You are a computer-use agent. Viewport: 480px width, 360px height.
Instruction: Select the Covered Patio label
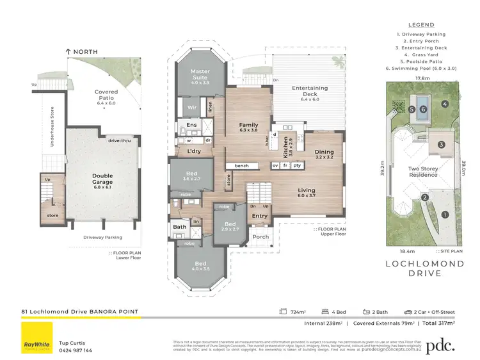tap(106, 95)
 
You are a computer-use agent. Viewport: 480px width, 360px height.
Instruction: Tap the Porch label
tap(261, 236)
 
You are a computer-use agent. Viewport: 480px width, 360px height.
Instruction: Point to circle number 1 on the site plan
tap(446, 215)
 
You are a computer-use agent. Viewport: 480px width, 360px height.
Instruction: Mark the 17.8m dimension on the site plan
tap(422, 79)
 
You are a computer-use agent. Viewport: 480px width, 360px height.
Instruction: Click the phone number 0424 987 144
tap(76, 350)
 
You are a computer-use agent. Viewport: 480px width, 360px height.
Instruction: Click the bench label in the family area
tap(241, 166)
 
